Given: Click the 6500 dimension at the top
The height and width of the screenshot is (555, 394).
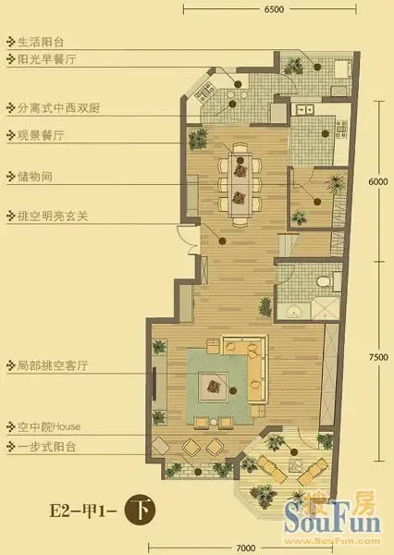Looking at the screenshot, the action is pos(274,9).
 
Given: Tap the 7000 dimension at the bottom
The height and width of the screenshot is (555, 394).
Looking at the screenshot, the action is pos(246,548).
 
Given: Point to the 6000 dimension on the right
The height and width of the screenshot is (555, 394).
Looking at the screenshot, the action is pos(378,181).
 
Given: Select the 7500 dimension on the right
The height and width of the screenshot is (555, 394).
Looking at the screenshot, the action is pos(378,357).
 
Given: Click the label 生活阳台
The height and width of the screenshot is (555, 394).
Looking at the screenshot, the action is pos(41,43).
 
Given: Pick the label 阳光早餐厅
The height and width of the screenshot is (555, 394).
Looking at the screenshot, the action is pos(46,59).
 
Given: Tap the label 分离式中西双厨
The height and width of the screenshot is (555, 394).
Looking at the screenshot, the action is pos(58,108).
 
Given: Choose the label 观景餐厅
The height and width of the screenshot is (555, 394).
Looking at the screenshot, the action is pos(41,135).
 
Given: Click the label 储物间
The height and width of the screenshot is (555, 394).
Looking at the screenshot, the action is pos(35,177).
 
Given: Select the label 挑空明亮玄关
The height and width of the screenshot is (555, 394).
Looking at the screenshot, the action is pos(53,216).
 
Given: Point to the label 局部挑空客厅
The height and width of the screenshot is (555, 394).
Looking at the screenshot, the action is pos(53,365).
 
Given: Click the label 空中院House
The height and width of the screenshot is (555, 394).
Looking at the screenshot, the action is pos(49,426).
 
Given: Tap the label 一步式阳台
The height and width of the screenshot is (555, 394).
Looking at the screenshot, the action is pos(46,447).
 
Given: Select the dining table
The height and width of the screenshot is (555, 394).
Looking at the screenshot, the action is pos(240,185).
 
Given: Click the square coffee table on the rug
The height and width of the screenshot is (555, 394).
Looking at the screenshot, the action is pos(213,387).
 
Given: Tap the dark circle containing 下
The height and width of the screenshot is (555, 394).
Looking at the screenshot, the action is pos(140,510).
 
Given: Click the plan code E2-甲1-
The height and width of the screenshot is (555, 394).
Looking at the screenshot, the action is pos(83,512).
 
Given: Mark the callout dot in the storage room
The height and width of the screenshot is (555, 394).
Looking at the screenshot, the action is pos(317,202).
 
